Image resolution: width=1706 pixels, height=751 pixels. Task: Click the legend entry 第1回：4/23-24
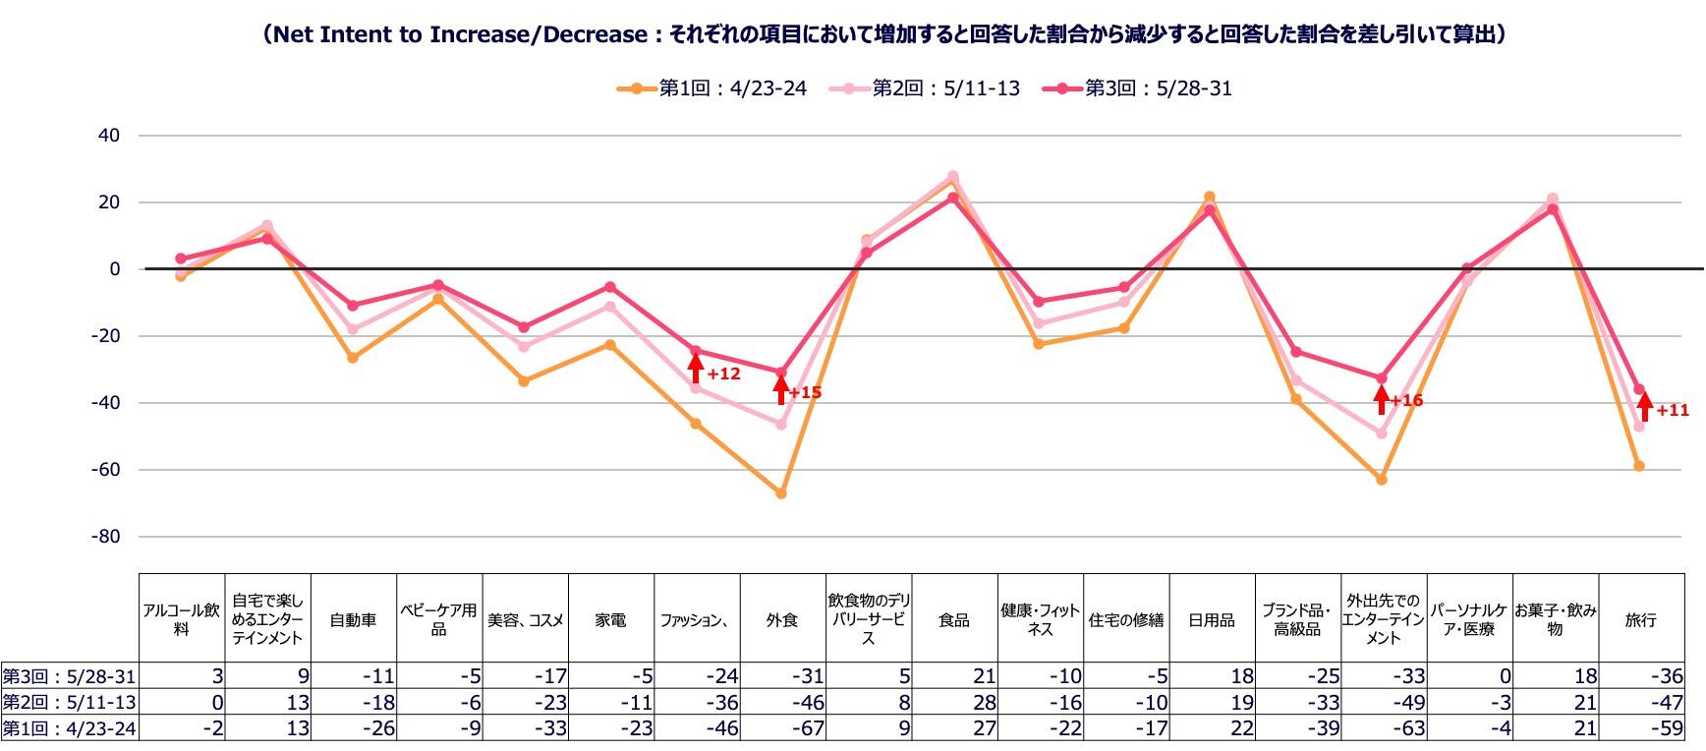[713, 88]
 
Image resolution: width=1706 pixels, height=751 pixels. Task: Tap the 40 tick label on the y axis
[108, 136]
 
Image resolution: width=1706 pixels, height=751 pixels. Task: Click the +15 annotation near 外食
[805, 393]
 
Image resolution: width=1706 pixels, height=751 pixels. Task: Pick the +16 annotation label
[1406, 401]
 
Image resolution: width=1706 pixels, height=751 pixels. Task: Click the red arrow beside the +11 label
[1644, 406]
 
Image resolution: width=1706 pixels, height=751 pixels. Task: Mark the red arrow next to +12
[695, 369]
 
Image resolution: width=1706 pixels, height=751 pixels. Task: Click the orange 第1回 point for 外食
[781, 493]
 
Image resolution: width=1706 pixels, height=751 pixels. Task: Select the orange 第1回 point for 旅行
[1639, 466]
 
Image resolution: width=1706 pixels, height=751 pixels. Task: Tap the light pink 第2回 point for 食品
[952, 177]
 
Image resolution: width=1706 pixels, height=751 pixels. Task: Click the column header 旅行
[1640, 620]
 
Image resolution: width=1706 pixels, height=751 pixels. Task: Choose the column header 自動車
[353, 620]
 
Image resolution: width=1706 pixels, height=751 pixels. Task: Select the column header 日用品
[1211, 620]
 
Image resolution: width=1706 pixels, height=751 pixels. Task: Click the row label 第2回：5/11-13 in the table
[69, 703]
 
